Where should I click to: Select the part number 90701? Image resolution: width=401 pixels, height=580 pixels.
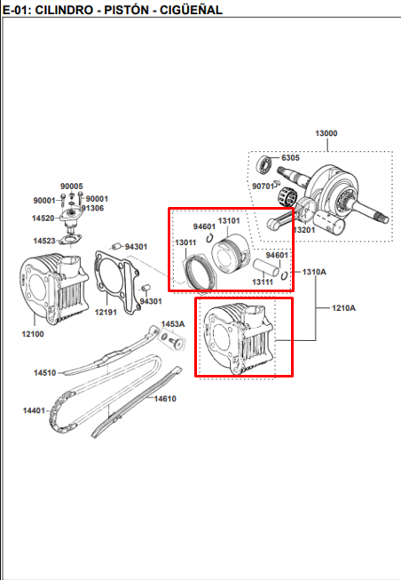coord(264,187)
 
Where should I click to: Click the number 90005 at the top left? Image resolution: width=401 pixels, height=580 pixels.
coord(71,186)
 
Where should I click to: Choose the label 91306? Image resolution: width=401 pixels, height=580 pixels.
coord(92,208)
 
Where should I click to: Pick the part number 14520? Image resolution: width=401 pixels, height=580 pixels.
coord(44,218)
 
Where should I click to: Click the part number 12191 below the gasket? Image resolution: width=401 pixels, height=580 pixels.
coord(106,313)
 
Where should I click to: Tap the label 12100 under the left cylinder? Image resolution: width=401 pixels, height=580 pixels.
coord(32,334)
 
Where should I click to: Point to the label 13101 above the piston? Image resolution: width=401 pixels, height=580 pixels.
coord(230,220)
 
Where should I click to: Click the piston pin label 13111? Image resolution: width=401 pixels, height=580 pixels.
coord(262,282)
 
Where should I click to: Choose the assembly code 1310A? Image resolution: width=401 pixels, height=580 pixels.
coord(315,271)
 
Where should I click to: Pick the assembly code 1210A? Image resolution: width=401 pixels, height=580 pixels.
coord(344,308)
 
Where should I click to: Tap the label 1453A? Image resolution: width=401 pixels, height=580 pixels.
coord(172,324)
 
